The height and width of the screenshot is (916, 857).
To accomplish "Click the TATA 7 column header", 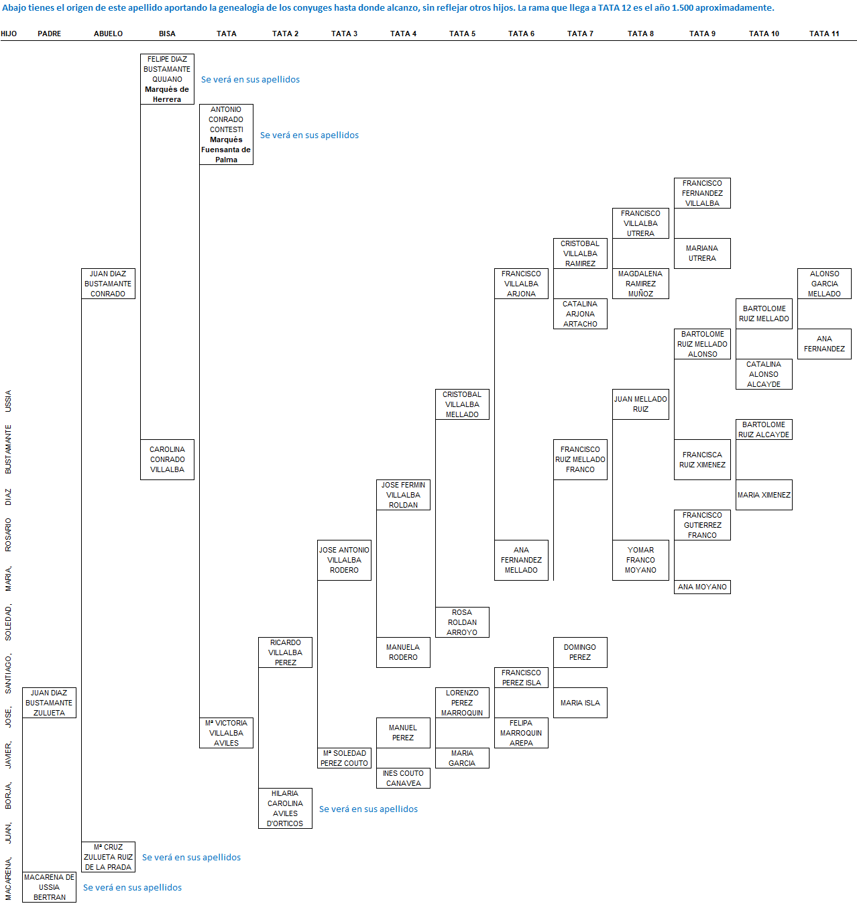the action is pyautogui.click(x=580, y=34).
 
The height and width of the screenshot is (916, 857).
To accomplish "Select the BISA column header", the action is pyautogui.click(x=167, y=34).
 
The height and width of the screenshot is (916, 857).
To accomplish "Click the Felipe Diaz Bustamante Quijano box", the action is pyautogui.click(x=167, y=79).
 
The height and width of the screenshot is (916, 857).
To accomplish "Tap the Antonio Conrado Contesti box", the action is pyautogui.click(x=226, y=134).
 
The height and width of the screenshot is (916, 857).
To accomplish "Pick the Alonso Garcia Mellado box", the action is pyautogui.click(x=824, y=284).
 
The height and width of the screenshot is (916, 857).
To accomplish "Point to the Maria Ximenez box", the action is pyautogui.click(x=764, y=495).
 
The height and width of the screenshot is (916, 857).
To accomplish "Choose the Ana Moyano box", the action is pyautogui.click(x=702, y=587).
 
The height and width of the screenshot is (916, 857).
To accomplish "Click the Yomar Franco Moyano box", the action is pyautogui.click(x=640, y=560).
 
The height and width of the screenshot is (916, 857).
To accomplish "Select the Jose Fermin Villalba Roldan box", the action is pyautogui.click(x=403, y=495).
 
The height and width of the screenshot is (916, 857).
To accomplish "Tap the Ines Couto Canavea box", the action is pyautogui.click(x=403, y=778).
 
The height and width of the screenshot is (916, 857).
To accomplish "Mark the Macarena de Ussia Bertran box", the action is pyautogui.click(x=49, y=887).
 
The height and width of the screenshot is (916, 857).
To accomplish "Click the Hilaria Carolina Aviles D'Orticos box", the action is pyautogui.click(x=285, y=808).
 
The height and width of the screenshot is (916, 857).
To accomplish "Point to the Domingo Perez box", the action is pyautogui.click(x=580, y=652).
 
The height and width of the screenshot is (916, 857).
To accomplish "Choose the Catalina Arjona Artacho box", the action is pyautogui.click(x=580, y=314).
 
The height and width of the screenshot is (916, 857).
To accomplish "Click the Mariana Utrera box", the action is pyautogui.click(x=702, y=253).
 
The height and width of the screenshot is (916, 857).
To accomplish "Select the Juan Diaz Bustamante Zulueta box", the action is pyautogui.click(x=49, y=703).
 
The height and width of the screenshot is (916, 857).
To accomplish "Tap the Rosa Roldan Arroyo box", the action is pyautogui.click(x=462, y=622).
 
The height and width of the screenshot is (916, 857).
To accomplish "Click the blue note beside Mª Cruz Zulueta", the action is pyautogui.click(x=191, y=857).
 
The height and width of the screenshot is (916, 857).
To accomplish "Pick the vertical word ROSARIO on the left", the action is pyautogui.click(x=8, y=534).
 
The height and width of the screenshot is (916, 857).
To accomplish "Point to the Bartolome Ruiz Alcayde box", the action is pyautogui.click(x=764, y=429).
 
